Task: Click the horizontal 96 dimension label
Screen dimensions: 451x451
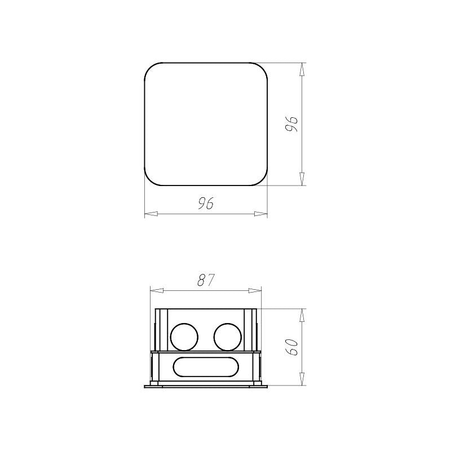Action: [206, 203]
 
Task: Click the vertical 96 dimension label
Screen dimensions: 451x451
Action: [291, 124]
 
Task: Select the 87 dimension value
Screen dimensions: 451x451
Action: [206, 280]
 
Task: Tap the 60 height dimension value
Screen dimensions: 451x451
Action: [291, 347]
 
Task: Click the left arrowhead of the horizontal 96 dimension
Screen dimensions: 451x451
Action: [151, 214]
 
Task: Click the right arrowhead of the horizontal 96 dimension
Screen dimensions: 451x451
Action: [260, 214]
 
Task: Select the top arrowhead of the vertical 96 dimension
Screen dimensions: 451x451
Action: [302, 69]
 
